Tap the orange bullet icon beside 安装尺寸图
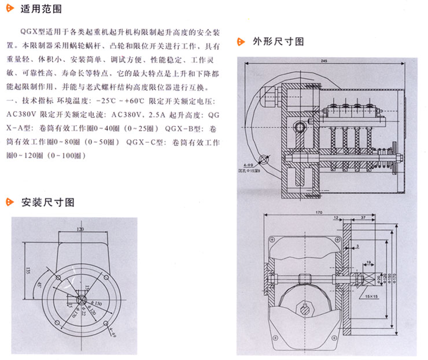[x=9, y=202]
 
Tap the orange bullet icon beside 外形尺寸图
[x=241, y=42]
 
